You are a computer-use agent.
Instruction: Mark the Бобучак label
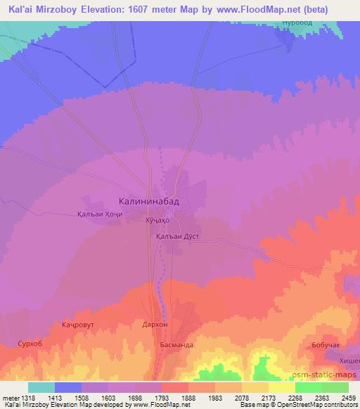point(325,345)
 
